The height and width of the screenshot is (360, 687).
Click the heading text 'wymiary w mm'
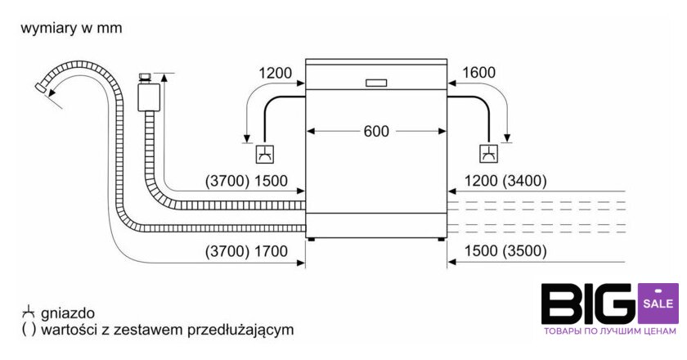[71, 28]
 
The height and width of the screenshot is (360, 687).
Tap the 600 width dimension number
[377, 131]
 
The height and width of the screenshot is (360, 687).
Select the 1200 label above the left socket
[276, 73]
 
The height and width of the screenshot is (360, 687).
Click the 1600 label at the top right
[478, 73]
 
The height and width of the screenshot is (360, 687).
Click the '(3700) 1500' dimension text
[250, 181]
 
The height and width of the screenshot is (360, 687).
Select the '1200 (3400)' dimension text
[505, 181]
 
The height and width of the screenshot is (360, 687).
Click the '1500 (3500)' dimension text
[505, 251]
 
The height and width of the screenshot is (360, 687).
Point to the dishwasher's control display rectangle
[377, 82]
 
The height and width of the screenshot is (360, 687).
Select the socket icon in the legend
[29, 313]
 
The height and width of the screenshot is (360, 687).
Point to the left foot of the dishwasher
[312, 239]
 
